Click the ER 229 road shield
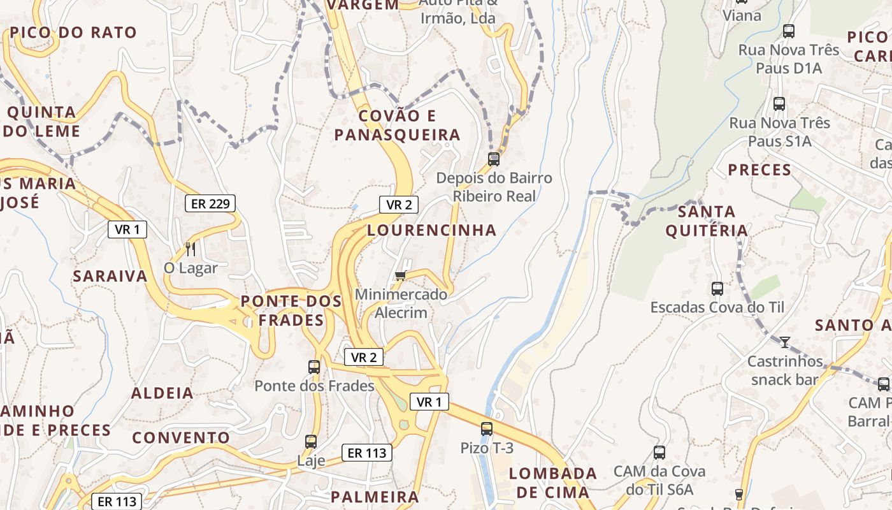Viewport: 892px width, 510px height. tap(210, 203)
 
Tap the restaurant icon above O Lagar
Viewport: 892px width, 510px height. tap(191, 248)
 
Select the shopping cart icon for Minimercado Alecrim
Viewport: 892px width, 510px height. tap(401, 275)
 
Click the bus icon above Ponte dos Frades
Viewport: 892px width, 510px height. tap(314, 367)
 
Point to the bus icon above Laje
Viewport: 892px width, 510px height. tap(311, 441)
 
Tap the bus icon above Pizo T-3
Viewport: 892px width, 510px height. tap(487, 428)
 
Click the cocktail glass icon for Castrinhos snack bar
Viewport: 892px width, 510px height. tap(785, 342)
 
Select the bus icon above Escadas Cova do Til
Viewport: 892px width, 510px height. tap(717, 288)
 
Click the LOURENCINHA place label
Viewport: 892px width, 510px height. tap(431, 230)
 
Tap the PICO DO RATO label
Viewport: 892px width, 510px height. tap(73, 33)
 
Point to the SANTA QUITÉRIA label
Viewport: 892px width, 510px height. tap(707, 221)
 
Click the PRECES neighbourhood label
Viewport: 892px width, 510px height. tap(759, 170)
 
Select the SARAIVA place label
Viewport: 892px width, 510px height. tap(110, 276)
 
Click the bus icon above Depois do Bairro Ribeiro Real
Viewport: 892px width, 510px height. tap(494, 159)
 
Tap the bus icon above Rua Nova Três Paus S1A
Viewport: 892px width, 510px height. tap(779, 103)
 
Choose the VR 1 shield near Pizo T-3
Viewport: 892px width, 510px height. tap(429, 402)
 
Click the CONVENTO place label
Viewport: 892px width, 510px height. tap(181, 438)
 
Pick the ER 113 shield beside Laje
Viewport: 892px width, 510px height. tap(366, 453)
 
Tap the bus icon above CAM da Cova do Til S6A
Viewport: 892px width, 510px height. tap(659, 453)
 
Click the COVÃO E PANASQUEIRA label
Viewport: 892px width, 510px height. tap(398, 125)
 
